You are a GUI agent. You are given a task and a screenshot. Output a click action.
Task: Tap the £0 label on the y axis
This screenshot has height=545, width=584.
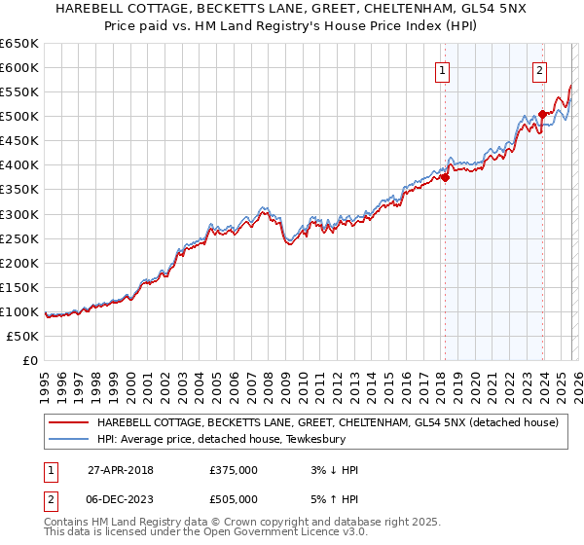point(31,360)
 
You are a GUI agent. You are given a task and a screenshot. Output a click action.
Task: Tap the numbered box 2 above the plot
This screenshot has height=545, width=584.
point(539,69)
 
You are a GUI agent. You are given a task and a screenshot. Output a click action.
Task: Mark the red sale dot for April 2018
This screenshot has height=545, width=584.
point(445,177)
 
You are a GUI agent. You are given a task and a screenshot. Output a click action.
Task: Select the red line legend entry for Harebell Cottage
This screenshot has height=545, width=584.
point(327,422)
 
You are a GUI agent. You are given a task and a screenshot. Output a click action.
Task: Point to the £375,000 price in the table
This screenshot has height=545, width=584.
point(234,470)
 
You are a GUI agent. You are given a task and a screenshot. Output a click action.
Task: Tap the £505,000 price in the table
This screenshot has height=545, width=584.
point(234,499)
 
